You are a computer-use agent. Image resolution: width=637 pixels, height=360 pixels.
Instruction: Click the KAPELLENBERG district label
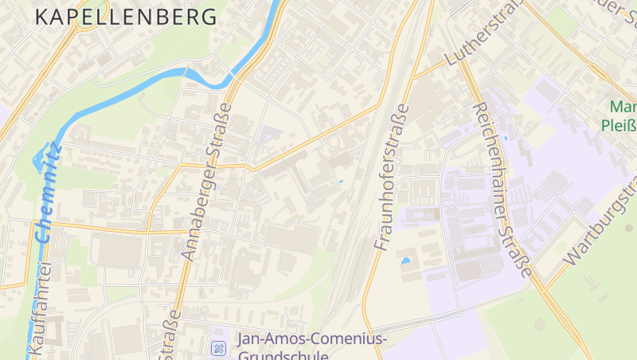coord(127,17)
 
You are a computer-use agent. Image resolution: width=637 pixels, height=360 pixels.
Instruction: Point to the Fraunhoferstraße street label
coord(392,178)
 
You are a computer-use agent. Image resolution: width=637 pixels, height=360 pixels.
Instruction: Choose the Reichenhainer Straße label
coord(502,189)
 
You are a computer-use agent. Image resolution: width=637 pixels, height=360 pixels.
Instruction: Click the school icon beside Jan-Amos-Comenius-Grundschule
coord(217,348)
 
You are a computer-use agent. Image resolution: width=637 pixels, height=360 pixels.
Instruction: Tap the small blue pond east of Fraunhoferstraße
coord(405,260)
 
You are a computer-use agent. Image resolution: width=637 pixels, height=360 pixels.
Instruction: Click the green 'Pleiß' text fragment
coord(620,125)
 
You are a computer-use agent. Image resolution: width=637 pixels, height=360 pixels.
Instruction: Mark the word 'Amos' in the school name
coord(288,339)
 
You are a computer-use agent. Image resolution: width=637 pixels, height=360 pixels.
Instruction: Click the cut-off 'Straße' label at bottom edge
coord(170,338)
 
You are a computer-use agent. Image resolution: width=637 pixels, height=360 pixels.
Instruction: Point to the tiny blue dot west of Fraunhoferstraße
coord(341,182)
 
